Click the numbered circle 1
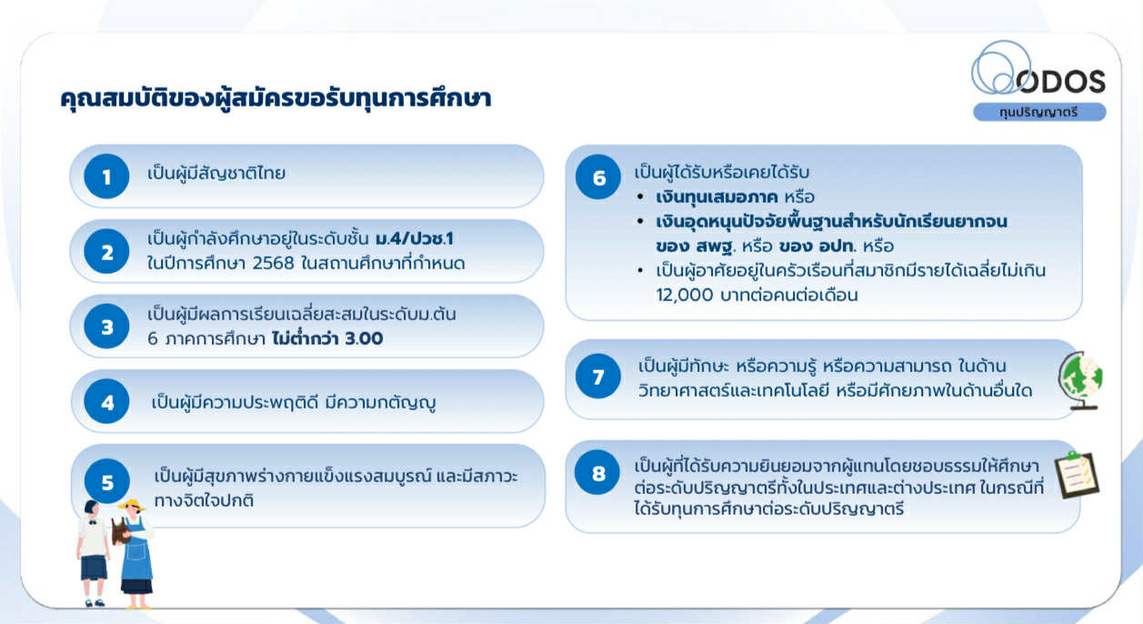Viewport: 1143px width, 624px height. point(106,176)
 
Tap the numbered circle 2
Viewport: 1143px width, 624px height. point(106,251)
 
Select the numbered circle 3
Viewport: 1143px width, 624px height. point(106,327)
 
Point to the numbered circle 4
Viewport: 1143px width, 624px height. point(106,401)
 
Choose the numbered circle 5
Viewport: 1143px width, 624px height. point(107,481)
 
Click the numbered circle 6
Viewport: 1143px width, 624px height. point(598,176)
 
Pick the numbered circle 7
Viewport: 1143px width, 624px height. point(598,377)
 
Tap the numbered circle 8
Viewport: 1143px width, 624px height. point(597,472)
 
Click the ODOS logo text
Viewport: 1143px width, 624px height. point(1060,82)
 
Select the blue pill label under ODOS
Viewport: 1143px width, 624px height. point(1039,112)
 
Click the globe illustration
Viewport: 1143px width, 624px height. point(1081,380)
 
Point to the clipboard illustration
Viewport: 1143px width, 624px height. point(1077,475)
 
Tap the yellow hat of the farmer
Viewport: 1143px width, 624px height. point(132,505)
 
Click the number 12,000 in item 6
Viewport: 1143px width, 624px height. point(685,295)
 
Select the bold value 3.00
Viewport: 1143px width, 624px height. point(364,338)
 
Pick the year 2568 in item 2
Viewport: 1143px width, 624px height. point(274,264)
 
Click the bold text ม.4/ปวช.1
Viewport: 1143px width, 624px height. point(415,239)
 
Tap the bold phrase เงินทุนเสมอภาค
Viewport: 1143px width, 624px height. point(717,197)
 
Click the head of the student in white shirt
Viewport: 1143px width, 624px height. point(91,509)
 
